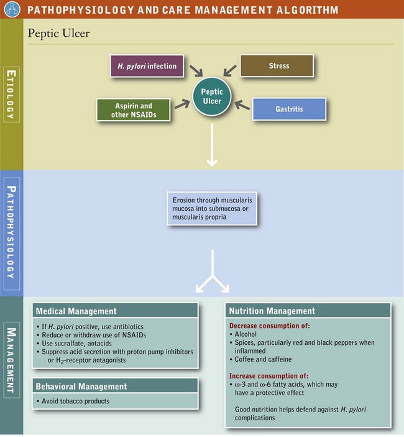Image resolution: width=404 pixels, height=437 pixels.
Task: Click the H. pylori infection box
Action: click(147, 66)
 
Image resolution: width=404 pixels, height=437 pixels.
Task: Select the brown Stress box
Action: click(276, 65)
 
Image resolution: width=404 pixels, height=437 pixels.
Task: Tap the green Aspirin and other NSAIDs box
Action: click(133, 110)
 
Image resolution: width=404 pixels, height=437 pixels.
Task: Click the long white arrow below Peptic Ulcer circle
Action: click(212, 146)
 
